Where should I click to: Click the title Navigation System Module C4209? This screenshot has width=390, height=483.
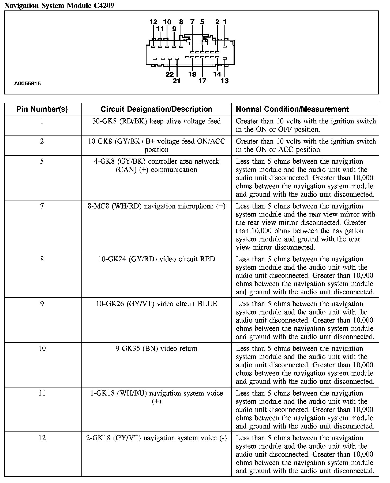(x=59, y=5)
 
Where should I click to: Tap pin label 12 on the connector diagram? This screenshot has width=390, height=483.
(x=153, y=22)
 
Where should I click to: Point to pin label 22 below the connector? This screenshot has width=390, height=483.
(x=170, y=74)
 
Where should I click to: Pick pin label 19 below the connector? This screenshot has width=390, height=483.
(x=192, y=74)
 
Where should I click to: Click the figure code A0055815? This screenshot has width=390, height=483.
(x=28, y=83)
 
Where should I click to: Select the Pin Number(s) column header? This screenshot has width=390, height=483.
(x=42, y=109)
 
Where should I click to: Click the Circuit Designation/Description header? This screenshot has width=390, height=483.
(x=156, y=109)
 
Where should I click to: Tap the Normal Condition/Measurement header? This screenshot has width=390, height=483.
(x=292, y=109)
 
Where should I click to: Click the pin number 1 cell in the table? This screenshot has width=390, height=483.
(x=42, y=121)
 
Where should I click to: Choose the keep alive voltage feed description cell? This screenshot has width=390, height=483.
(x=156, y=121)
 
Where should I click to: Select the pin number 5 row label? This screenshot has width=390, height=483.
(x=42, y=162)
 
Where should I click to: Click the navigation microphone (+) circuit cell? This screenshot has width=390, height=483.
(x=156, y=206)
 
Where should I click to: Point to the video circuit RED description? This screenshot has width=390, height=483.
(x=156, y=259)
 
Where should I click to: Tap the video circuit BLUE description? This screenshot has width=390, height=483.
(x=156, y=304)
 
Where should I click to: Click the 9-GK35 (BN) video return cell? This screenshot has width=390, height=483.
(x=156, y=349)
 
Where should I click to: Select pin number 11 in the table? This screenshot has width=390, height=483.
(x=42, y=393)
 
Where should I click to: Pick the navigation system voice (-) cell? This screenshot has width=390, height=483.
(x=156, y=438)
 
